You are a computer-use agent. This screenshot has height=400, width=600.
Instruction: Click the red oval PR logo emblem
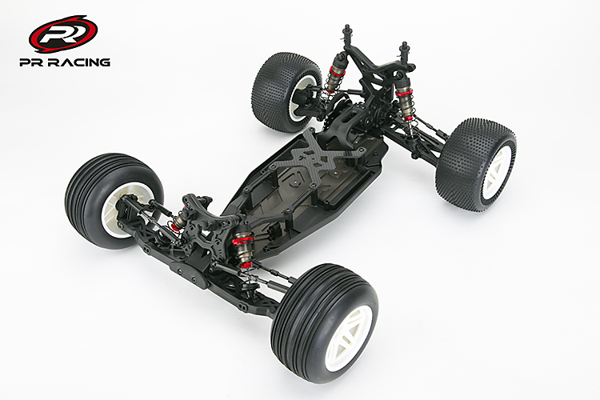(62, 34)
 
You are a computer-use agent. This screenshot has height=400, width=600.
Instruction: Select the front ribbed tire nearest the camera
(325, 323)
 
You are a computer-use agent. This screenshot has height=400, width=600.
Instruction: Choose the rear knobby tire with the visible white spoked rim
(476, 165)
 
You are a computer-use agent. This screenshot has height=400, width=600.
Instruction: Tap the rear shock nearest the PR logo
(333, 77)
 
